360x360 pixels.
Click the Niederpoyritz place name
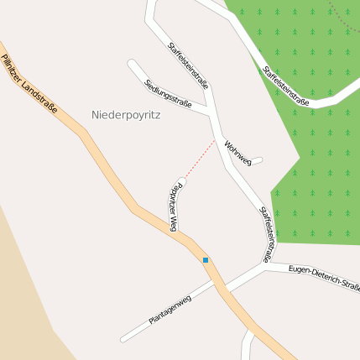[125, 115]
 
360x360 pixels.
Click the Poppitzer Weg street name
[174, 206]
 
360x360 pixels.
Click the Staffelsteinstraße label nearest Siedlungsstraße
[188, 65]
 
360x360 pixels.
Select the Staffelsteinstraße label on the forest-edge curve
[286, 86]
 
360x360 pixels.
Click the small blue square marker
[206, 260]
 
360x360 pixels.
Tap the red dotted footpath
[200, 159]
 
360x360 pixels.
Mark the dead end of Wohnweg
[260, 159]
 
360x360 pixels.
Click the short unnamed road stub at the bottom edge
[246, 348]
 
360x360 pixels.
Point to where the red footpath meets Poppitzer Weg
[182, 180]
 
